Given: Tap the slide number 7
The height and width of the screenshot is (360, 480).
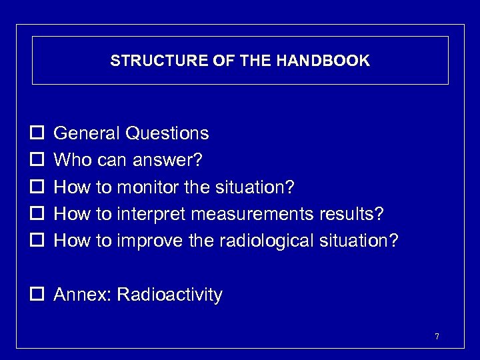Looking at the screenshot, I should [437, 337].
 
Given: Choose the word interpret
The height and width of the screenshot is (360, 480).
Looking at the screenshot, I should [150, 215].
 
